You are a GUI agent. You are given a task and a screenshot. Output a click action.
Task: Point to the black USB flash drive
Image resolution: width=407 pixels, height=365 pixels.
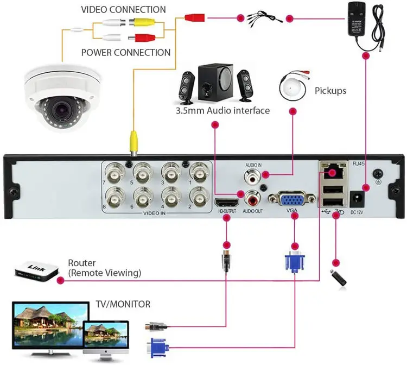(339, 277)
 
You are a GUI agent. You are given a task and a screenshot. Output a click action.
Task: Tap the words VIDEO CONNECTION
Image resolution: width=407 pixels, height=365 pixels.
(123, 10)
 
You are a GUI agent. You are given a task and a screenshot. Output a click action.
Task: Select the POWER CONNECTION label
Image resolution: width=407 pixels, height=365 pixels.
(125, 53)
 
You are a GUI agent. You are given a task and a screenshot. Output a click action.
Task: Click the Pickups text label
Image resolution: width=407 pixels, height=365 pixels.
(330, 91)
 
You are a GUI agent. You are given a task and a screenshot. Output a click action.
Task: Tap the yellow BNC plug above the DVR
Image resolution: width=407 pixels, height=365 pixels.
(132, 143)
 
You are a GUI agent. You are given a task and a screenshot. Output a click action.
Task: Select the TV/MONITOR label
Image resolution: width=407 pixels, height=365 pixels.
(123, 304)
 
